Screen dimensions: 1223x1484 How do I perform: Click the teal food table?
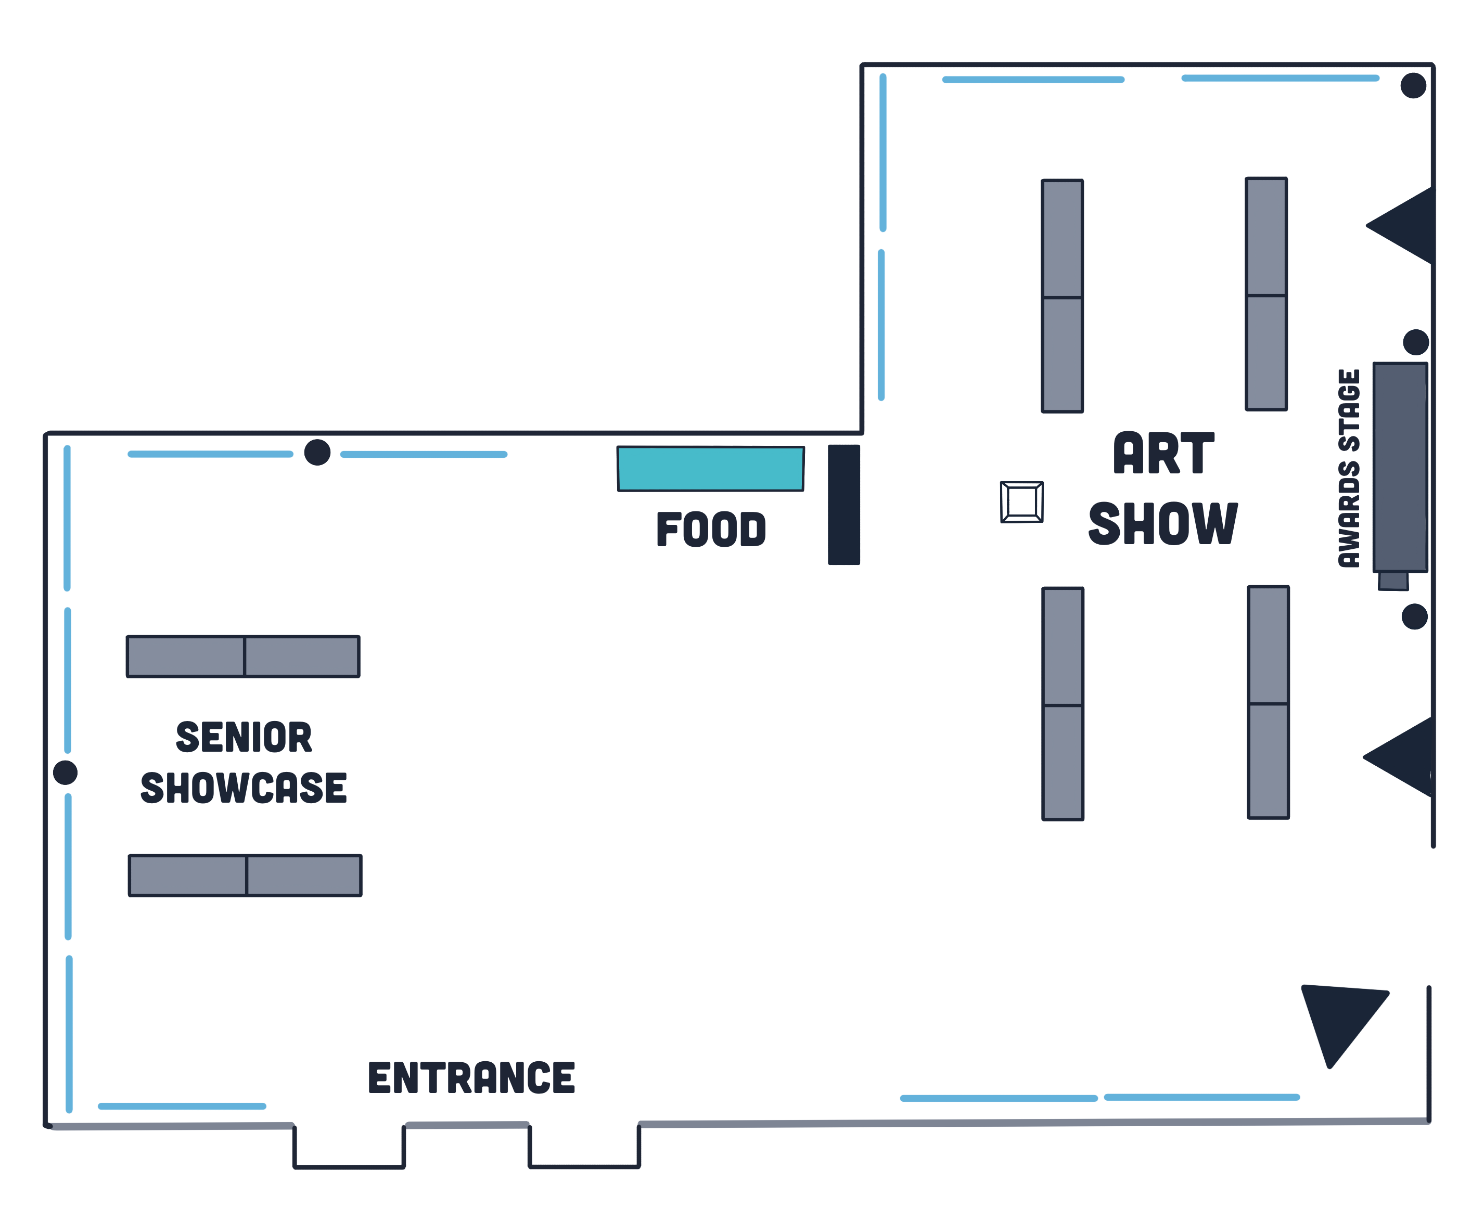710,469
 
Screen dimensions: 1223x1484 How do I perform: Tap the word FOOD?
710,529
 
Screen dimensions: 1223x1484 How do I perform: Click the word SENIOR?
244,737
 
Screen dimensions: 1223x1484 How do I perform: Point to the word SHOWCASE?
244,788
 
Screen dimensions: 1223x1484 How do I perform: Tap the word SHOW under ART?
1162,523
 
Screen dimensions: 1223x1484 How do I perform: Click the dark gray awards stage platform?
1400,467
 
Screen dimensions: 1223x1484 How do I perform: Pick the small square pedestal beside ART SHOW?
1022,503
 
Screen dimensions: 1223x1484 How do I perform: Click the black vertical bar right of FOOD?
843,505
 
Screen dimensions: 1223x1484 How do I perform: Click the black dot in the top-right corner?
1413,85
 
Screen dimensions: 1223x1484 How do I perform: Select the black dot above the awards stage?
1416,342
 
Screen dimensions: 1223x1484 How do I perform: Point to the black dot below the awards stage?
1414,616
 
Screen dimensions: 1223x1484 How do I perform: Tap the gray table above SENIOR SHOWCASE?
243,656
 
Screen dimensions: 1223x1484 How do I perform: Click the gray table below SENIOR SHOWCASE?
245,876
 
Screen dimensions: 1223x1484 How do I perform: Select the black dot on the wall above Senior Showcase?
317,452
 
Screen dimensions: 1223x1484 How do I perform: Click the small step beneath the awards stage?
1393,581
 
